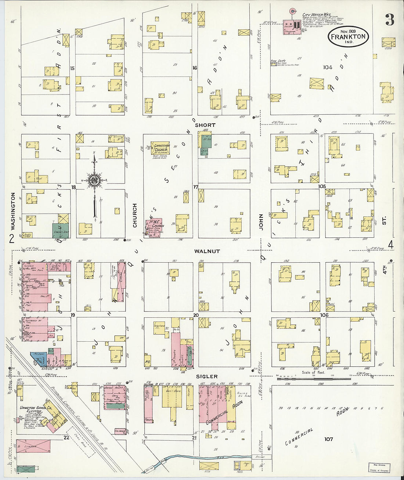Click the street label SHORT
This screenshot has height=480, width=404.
click(x=205, y=125)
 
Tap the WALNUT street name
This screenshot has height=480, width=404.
click(x=207, y=251)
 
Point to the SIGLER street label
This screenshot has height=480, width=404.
click(x=206, y=376)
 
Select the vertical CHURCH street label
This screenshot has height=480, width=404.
click(x=135, y=215)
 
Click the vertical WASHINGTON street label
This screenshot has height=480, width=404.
click(x=13, y=211)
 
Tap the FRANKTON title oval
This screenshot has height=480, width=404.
click(x=348, y=36)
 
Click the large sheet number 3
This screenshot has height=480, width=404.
click(x=390, y=20)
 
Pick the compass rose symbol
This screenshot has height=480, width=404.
click(x=94, y=180)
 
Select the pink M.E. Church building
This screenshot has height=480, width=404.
click(x=154, y=228)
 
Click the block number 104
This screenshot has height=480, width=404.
click(x=328, y=67)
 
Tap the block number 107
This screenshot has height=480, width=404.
click(x=328, y=439)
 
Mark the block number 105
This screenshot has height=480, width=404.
click(x=322, y=186)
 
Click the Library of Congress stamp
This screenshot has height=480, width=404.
click(x=379, y=467)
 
